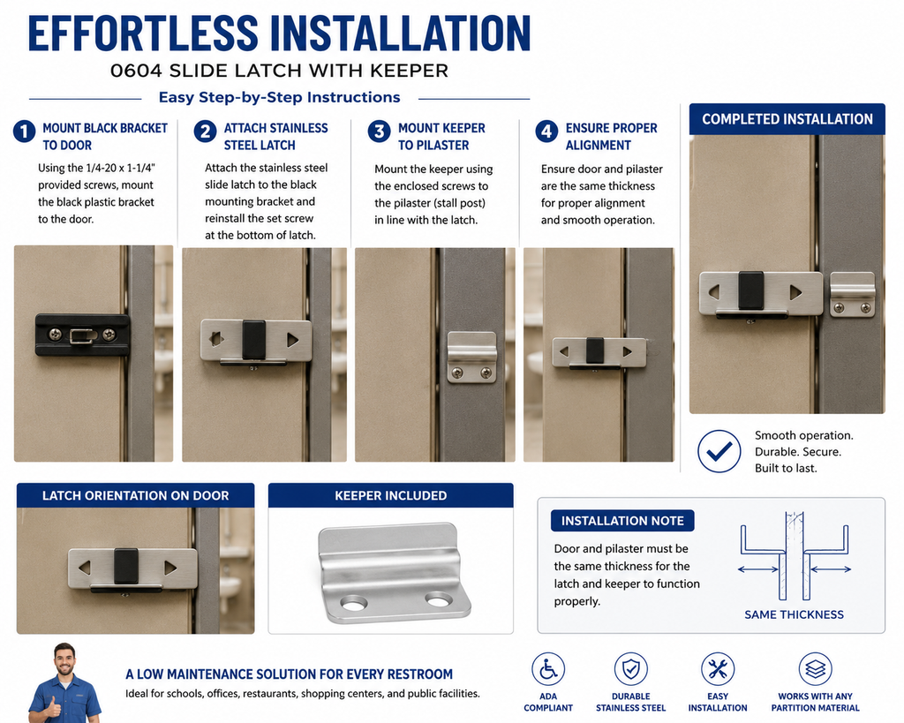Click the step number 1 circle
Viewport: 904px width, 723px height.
click(x=24, y=132)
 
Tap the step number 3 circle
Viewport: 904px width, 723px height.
click(x=380, y=132)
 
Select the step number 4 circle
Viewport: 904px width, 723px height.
click(x=546, y=132)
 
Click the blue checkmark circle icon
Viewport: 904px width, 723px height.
click(x=719, y=451)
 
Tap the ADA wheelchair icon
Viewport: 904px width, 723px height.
click(x=547, y=669)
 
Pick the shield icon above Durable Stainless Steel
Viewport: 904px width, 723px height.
click(x=630, y=669)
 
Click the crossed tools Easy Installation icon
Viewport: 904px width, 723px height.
click(x=717, y=669)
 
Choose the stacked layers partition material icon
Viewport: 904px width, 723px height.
click(x=815, y=669)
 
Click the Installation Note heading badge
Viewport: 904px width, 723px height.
click(x=622, y=521)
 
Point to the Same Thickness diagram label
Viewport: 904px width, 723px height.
click(x=794, y=614)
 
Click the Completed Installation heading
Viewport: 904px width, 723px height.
click(x=787, y=119)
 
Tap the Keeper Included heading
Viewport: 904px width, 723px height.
click(x=391, y=495)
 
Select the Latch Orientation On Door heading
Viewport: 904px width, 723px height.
click(x=135, y=495)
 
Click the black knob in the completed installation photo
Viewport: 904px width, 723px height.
click(x=751, y=290)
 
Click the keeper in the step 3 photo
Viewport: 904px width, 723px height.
click(x=472, y=358)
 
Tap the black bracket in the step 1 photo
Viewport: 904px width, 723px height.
click(x=82, y=335)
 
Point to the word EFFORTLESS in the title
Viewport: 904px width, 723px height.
click(x=144, y=34)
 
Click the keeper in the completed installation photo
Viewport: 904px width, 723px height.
click(x=853, y=295)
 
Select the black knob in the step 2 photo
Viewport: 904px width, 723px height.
click(x=253, y=340)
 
